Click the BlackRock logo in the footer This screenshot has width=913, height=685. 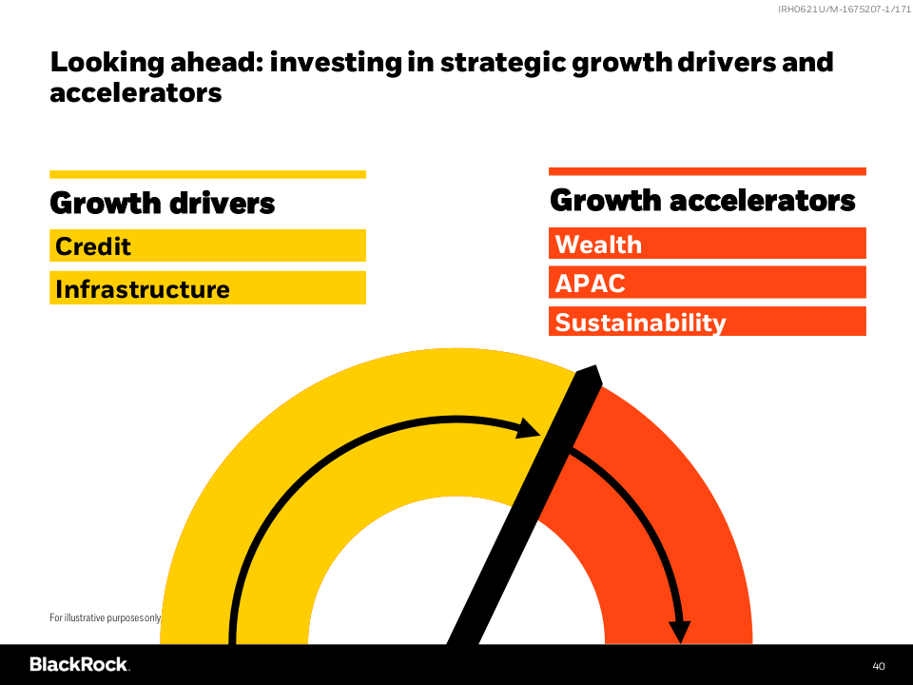79,665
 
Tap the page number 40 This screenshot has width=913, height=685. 878,666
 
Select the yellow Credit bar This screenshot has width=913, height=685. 208,245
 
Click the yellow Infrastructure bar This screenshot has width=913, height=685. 208,287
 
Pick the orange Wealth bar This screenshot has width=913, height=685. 708,243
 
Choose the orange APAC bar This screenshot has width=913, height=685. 708,283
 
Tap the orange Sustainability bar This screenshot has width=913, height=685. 708,322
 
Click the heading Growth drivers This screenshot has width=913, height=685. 163,203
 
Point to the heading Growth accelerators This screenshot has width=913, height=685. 702,201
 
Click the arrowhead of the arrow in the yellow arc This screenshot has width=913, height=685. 531,428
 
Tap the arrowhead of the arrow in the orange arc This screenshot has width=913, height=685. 679,632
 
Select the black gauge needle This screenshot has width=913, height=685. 524,504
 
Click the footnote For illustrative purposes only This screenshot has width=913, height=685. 105,617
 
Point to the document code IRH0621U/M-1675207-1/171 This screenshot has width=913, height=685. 845,9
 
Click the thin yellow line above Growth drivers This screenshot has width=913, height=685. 208,174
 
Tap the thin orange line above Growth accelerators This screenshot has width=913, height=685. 708,171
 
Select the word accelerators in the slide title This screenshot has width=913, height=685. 136,92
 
